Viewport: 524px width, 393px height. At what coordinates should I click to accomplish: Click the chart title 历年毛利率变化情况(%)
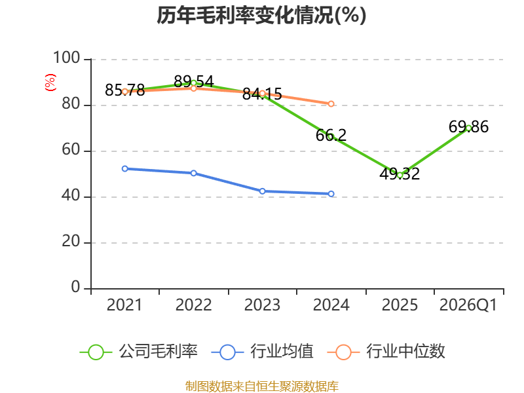tap(261, 15)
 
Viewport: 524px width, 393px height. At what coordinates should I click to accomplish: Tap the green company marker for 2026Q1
tap(468, 128)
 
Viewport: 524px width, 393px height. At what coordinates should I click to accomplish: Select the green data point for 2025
tap(400, 175)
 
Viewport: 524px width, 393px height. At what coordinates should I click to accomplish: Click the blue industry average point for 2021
tap(125, 169)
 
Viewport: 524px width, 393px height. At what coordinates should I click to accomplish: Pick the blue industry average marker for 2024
tap(331, 194)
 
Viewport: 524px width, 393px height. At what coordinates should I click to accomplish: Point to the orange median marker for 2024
tap(331, 104)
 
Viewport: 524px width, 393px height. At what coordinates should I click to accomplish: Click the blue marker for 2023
tap(263, 191)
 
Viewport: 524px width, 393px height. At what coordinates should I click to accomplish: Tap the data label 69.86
tap(468, 127)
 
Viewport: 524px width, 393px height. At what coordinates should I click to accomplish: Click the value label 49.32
tap(400, 174)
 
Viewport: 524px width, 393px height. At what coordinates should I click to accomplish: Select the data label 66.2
tap(331, 136)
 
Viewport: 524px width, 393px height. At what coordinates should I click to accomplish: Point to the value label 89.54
tap(194, 81)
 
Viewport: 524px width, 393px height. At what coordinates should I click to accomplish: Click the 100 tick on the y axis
tap(67, 58)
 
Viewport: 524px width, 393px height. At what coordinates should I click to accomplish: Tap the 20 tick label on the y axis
tap(71, 241)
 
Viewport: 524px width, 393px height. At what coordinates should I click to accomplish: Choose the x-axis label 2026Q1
tap(468, 305)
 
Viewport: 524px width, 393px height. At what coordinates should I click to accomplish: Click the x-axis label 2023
tap(263, 305)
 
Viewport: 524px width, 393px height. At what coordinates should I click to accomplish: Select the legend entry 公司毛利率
tap(139, 352)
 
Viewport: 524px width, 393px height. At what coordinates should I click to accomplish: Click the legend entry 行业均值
tap(263, 352)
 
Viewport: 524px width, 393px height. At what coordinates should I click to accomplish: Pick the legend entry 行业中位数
tap(386, 352)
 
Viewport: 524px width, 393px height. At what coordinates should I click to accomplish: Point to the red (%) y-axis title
tap(50, 83)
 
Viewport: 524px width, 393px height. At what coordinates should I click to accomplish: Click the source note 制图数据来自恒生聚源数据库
tap(262, 386)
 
